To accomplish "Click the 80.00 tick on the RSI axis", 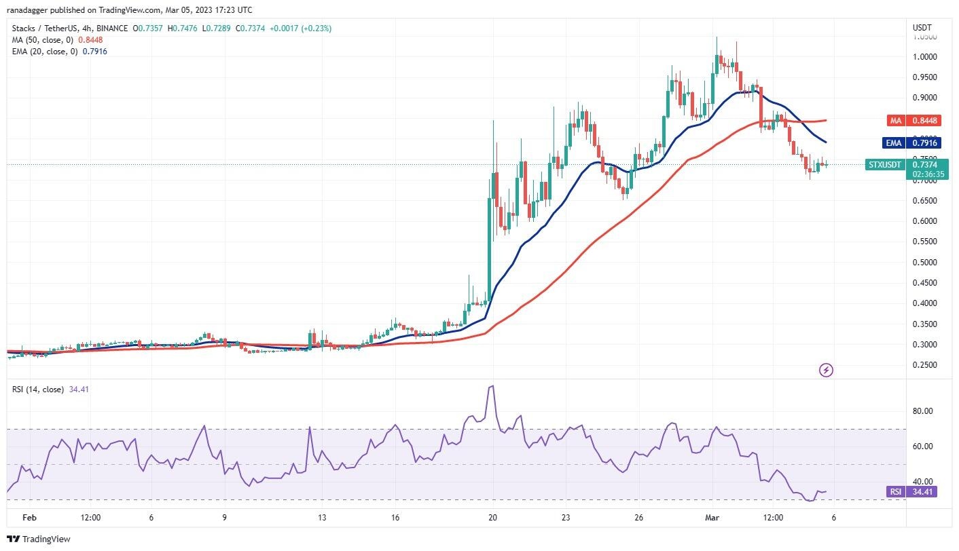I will pyautogui.click(x=922, y=411).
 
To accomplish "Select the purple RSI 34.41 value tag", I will pyautogui.click(x=911, y=491).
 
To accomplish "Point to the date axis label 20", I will pyautogui.click(x=492, y=517).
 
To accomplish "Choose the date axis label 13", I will pyautogui.click(x=322, y=517).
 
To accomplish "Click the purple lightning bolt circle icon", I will pyautogui.click(x=826, y=370).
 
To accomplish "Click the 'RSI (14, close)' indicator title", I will pyautogui.click(x=37, y=389).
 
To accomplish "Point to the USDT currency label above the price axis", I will pyautogui.click(x=922, y=28).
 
